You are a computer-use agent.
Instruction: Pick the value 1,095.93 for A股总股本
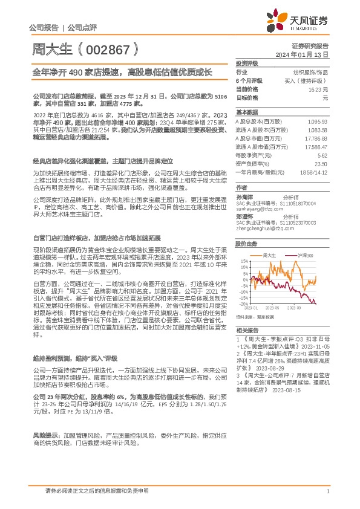tap(317, 121)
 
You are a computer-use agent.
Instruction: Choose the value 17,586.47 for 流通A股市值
tap(315, 146)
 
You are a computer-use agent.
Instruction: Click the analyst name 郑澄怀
tap(244, 216)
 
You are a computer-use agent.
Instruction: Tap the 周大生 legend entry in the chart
tap(270, 256)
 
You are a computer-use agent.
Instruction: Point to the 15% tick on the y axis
tap(243, 261)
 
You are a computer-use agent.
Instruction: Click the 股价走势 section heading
tap(246, 244)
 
